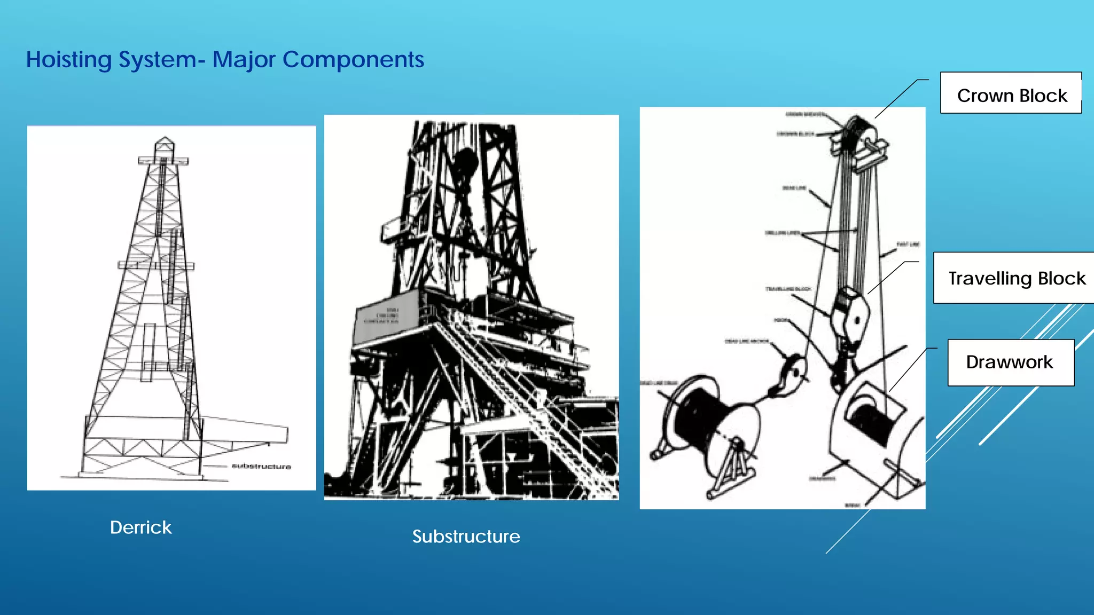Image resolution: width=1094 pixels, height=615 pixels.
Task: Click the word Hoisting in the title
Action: tap(68, 60)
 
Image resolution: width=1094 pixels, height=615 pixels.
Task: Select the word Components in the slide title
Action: tap(353, 60)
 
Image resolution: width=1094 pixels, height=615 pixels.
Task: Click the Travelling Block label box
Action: tap(1016, 278)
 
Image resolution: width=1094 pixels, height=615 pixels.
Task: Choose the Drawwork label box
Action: tap(1010, 362)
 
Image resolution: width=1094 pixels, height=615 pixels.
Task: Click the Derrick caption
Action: tap(140, 527)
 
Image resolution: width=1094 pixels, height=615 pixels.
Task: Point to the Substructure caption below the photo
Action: tap(466, 537)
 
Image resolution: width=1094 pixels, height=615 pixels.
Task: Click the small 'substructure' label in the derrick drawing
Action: tap(261, 467)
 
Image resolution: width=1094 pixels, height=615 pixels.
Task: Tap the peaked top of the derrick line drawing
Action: tap(164, 143)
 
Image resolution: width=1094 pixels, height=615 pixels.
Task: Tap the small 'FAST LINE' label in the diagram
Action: tap(908, 245)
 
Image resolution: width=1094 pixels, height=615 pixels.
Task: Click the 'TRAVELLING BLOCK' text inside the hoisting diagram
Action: tap(788, 289)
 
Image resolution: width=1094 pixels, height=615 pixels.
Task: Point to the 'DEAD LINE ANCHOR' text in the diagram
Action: tap(747, 341)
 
